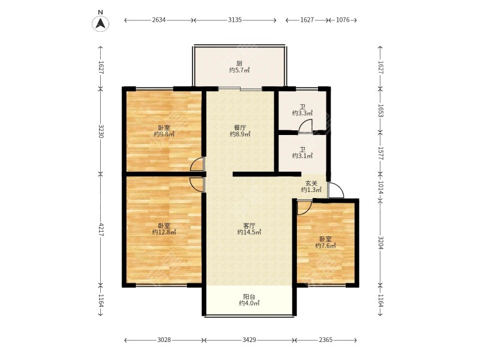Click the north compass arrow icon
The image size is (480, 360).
coord(101,23)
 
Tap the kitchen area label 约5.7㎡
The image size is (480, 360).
coord(239,70)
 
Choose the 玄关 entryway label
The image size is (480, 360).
coord(311,184)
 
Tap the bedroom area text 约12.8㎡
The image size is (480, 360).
coord(163,232)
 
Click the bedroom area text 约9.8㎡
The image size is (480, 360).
coord(163,134)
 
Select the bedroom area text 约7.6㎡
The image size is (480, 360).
coord(325,245)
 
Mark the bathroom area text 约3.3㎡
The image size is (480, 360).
coord(302,113)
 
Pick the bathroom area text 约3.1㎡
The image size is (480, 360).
coord(302,156)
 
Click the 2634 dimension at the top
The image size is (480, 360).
coord(158,20)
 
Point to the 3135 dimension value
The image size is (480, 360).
coord(235,20)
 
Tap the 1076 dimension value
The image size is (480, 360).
coord(343,20)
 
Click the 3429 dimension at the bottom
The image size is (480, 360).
coord(250,340)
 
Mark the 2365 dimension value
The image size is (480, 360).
coord(325,340)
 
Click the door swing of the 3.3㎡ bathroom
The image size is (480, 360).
coord(307,126)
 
